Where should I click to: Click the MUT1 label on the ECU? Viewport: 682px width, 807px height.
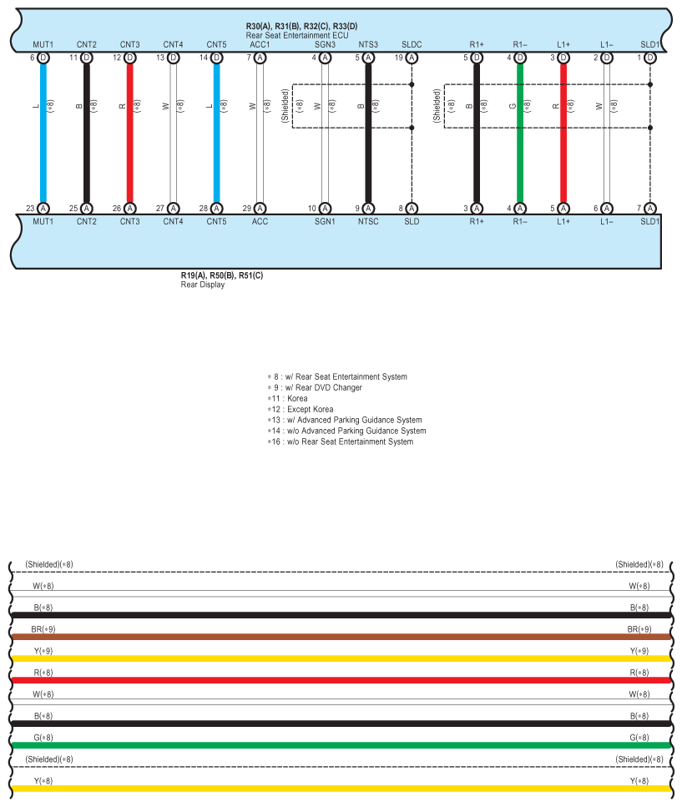(43, 44)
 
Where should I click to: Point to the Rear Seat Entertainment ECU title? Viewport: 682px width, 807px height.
(296, 36)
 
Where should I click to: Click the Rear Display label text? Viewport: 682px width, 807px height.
(203, 285)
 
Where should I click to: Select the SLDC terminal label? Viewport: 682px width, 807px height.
(412, 44)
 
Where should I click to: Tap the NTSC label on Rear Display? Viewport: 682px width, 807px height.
(368, 222)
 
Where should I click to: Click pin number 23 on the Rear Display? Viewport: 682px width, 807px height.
(30, 209)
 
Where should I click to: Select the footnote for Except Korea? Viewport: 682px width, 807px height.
(304, 410)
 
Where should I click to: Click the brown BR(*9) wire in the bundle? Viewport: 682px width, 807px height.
(334, 637)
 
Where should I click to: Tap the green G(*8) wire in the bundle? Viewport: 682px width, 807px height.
(334, 745)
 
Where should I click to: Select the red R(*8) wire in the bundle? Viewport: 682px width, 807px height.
(334, 680)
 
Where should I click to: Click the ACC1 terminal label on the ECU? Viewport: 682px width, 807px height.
(260, 44)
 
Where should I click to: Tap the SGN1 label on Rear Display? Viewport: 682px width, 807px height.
(325, 222)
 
